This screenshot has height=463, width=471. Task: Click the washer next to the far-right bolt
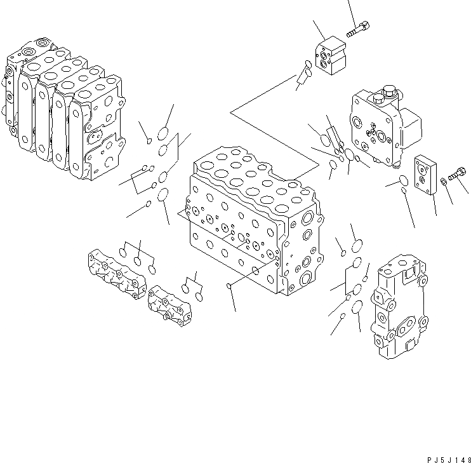pos(444,184)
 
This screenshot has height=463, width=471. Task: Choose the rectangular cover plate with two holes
pos(424,174)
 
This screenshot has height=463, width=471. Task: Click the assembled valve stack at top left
pos(63,108)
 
